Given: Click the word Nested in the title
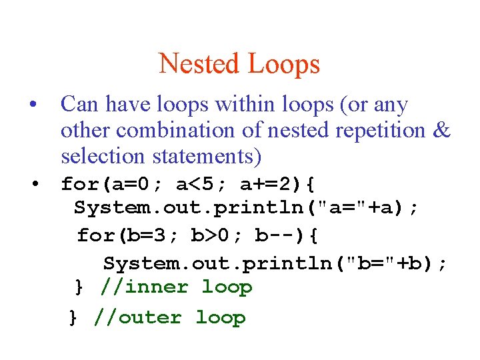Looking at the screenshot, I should tap(199, 64).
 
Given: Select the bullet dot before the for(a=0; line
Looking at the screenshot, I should tap(37, 182).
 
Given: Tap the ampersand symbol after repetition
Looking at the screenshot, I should tap(441, 131).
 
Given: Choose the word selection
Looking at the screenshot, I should tap(103, 157).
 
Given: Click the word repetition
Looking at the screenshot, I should tap(377, 131).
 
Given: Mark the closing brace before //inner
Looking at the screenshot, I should tap(79, 288).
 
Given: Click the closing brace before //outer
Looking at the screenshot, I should tap(73, 318).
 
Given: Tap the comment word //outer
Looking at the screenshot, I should tap(138, 317).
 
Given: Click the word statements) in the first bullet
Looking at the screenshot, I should tap(207, 157).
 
